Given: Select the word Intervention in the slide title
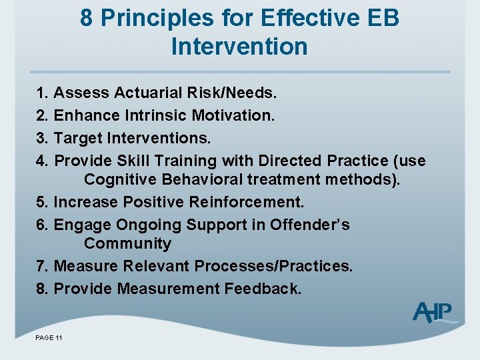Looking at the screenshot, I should (x=239, y=47).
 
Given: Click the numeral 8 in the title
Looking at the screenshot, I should (x=86, y=18).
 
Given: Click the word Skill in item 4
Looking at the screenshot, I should (x=133, y=161).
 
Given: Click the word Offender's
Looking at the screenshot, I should (x=309, y=224).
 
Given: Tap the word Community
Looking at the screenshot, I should (x=127, y=243).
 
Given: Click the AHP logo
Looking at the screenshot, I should (x=433, y=313).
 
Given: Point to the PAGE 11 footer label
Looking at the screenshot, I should (x=49, y=339).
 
